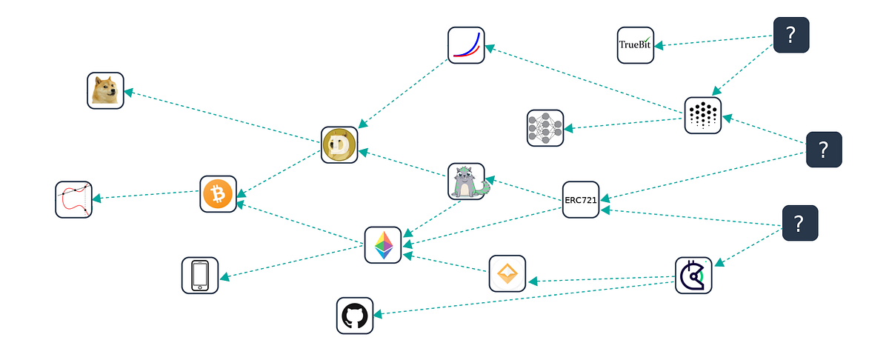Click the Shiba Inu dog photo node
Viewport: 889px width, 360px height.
click(x=105, y=90)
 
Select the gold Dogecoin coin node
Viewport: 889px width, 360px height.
click(x=339, y=145)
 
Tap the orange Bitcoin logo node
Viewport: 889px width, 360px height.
click(x=219, y=194)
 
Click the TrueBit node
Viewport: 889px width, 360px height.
click(x=636, y=45)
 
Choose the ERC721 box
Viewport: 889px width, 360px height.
click(x=581, y=200)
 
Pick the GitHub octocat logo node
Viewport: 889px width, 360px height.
click(x=355, y=316)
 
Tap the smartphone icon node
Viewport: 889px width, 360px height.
click(x=200, y=276)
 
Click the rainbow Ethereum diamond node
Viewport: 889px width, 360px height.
click(x=383, y=245)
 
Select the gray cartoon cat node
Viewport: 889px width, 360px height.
click(x=467, y=181)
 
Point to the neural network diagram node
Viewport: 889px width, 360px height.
click(x=545, y=128)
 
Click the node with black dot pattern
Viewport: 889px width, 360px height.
click(x=703, y=116)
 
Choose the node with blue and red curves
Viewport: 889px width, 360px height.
click(x=466, y=45)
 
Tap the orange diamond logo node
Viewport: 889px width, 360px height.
click(x=507, y=273)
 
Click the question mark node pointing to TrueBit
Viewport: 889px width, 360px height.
click(x=791, y=35)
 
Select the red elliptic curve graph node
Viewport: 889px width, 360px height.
click(x=74, y=200)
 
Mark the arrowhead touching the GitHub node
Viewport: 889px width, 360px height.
click(x=378, y=314)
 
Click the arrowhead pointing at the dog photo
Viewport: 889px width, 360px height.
click(x=129, y=93)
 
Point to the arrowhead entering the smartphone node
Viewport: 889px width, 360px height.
click(x=224, y=277)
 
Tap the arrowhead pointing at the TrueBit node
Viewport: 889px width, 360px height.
click(x=659, y=46)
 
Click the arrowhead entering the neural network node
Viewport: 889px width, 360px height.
click(x=568, y=128)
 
